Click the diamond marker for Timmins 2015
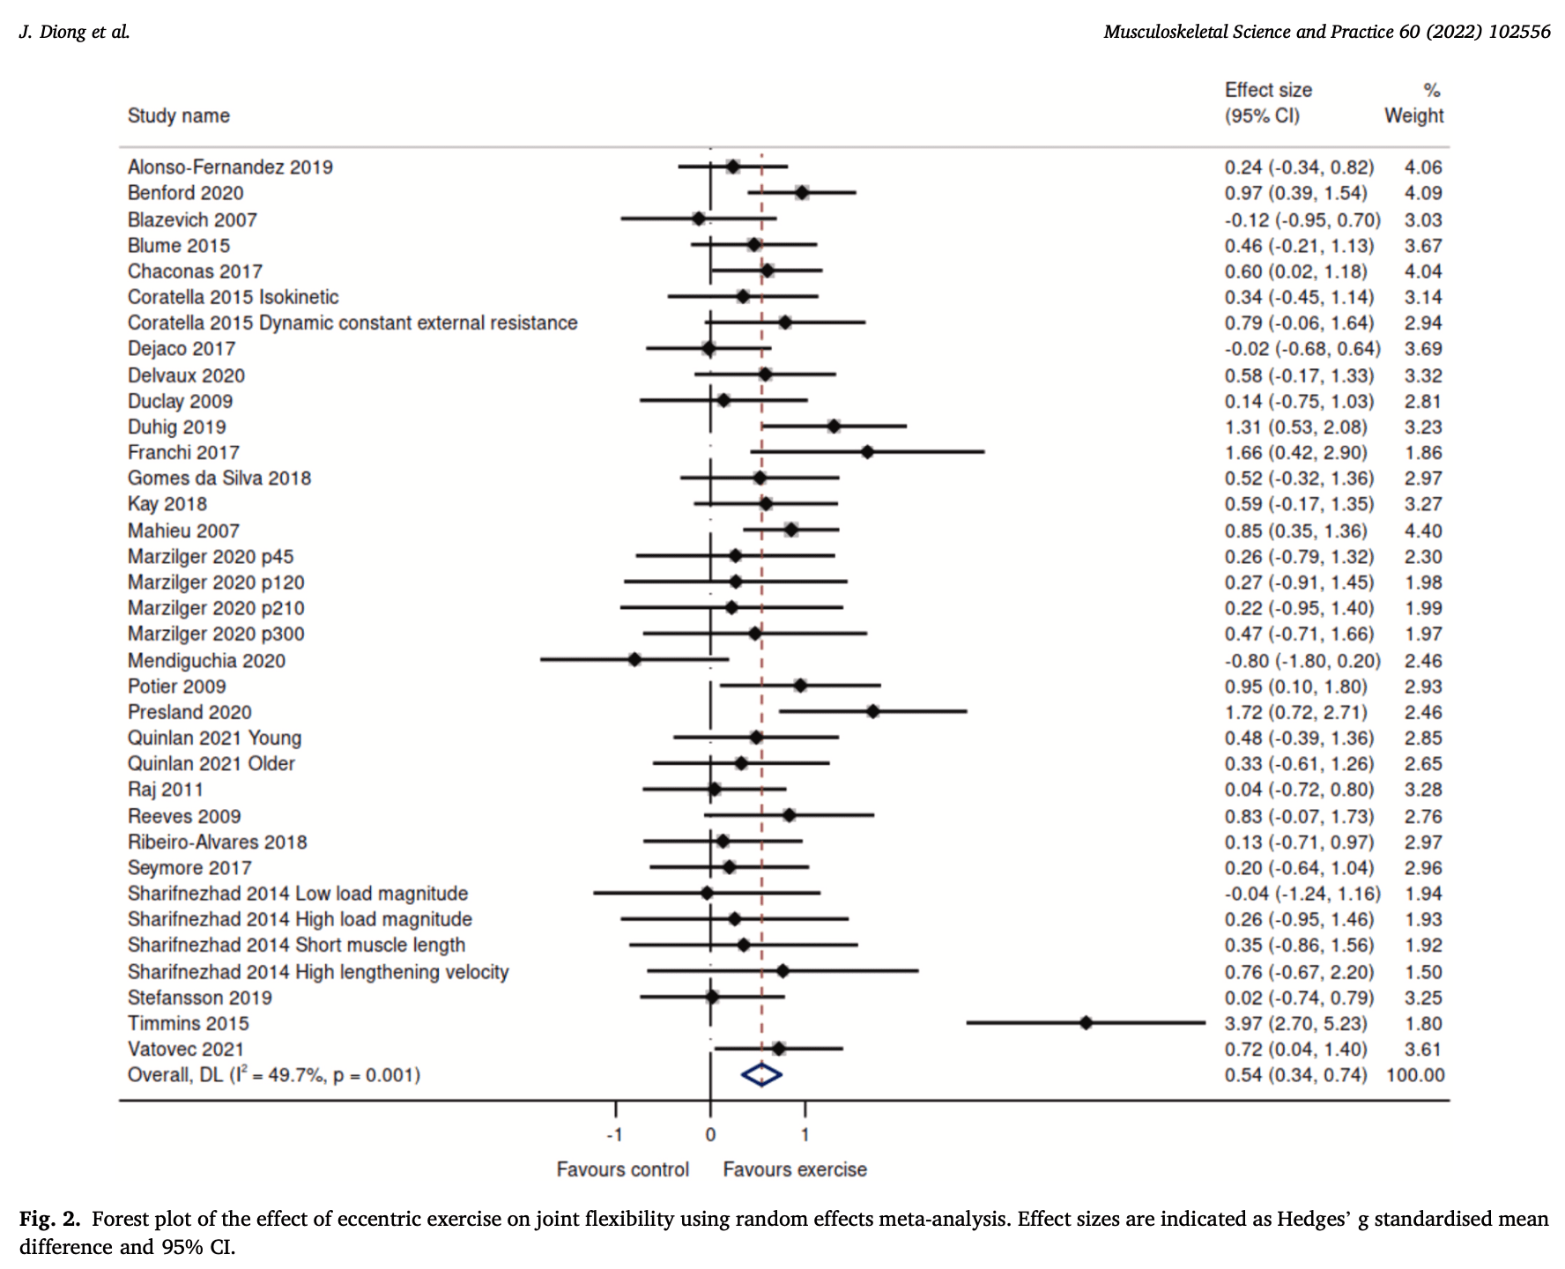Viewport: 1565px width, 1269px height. pos(1086,1023)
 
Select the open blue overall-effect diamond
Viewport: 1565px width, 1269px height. pos(761,1074)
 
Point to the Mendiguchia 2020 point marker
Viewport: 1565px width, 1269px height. pos(634,659)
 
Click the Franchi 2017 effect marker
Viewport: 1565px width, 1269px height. pos(867,452)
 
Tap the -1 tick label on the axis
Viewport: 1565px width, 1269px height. pos(615,1134)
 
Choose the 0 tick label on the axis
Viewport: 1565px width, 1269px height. pos(710,1134)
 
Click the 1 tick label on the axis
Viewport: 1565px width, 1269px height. pos(805,1134)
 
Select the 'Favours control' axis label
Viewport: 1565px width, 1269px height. pos(622,1169)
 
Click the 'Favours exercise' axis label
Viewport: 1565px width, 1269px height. pos(795,1169)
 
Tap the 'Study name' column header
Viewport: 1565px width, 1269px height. pos(179,115)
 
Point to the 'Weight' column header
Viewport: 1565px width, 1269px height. pos(1413,115)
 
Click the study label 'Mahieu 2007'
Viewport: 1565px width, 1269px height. pos(183,531)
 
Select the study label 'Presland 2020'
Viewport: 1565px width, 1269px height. pos(189,712)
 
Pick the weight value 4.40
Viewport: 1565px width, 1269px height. pos(1423,531)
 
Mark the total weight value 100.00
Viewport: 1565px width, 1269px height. pos(1415,1075)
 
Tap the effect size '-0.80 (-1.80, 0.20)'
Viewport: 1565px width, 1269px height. pos(1302,661)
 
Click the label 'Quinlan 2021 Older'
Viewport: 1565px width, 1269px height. pos(211,763)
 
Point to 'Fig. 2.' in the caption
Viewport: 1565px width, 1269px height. pos(49,1219)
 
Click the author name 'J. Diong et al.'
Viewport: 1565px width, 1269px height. pos(74,32)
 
